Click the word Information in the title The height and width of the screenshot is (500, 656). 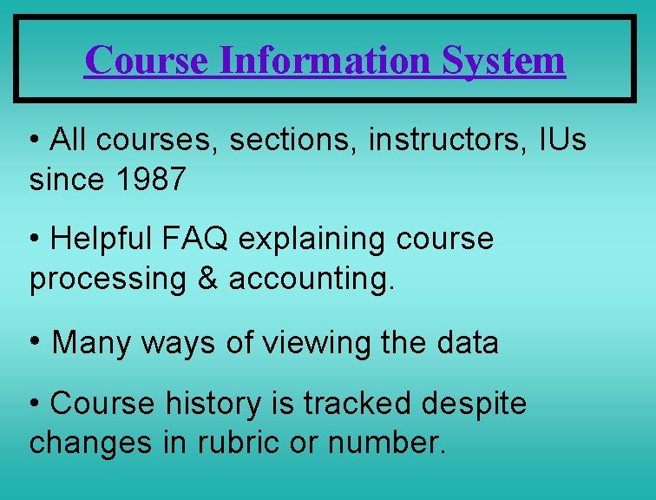[325, 60]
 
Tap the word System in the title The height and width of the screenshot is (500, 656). [503, 60]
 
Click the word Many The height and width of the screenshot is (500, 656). [89, 343]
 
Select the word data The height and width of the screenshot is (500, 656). [468, 343]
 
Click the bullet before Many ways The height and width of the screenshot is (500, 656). [36, 341]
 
